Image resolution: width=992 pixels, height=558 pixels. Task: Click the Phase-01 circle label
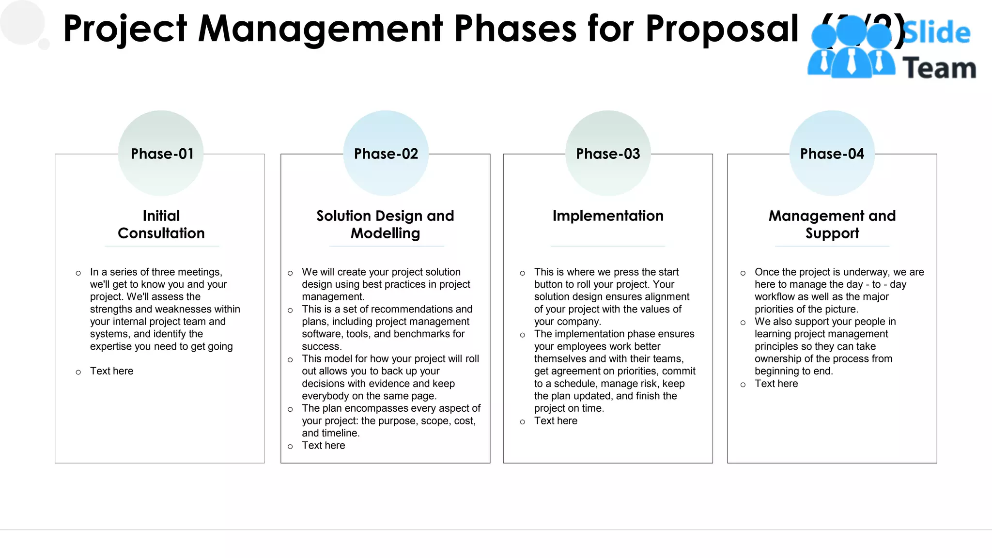tap(162, 154)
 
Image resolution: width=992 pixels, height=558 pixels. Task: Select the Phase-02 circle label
tap(386, 154)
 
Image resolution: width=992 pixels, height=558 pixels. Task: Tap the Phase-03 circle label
tap(608, 154)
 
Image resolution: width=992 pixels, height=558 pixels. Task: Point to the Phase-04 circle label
tap(832, 154)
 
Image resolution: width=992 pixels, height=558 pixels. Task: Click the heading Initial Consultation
tap(161, 224)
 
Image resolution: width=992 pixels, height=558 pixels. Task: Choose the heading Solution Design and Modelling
tap(385, 224)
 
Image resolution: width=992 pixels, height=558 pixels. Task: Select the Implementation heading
tap(608, 216)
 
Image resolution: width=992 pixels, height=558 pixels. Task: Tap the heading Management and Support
tap(832, 224)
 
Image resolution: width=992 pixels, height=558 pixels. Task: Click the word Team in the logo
tap(939, 68)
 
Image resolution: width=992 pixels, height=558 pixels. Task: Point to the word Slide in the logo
tap(936, 33)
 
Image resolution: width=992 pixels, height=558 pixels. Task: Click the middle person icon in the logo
tap(851, 48)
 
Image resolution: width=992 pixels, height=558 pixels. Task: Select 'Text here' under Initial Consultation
tap(111, 371)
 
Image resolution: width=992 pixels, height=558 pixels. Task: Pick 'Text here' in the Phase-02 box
tap(324, 446)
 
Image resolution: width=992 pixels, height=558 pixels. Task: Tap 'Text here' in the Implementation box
tap(556, 421)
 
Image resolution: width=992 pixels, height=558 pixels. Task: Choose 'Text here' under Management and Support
tap(776, 384)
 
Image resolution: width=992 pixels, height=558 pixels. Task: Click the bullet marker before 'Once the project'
tap(743, 273)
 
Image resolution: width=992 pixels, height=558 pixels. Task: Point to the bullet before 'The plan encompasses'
tap(290, 409)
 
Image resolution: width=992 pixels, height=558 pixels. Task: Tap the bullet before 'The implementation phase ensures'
tap(522, 335)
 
